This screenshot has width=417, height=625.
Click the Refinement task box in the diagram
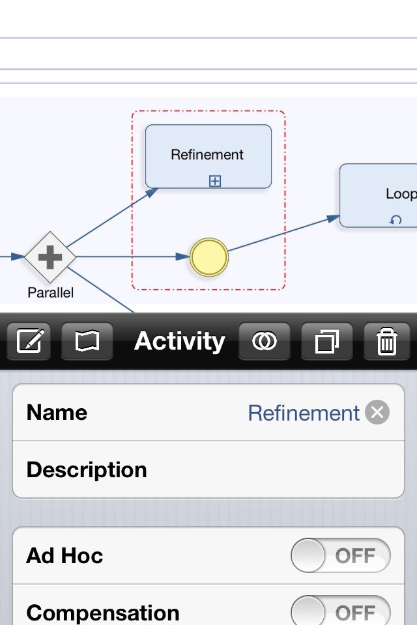[x=208, y=156]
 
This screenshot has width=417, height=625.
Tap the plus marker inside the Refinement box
[x=214, y=182]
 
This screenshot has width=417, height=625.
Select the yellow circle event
[x=209, y=257]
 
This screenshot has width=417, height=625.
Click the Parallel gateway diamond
[x=50, y=257]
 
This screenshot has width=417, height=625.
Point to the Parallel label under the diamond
[x=51, y=292]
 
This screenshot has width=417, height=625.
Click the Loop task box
[x=379, y=195]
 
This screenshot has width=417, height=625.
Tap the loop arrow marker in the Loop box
[x=395, y=219]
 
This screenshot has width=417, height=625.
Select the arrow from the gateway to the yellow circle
[x=132, y=257]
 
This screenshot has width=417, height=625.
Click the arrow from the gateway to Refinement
[x=112, y=217]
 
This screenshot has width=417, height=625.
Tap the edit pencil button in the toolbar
[x=29, y=341]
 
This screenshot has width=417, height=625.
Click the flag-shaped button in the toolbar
[x=87, y=341]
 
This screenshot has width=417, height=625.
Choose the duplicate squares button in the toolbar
[x=327, y=341]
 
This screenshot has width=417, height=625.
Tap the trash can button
[x=386, y=341]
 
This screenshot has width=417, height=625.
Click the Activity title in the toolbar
[x=180, y=341]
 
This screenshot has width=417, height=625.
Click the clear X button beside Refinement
[x=377, y=412]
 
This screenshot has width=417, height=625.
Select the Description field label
[x=87, y=469]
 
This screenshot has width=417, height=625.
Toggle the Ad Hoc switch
[x=341, y=555]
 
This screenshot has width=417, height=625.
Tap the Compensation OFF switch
[x=341, y=611]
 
